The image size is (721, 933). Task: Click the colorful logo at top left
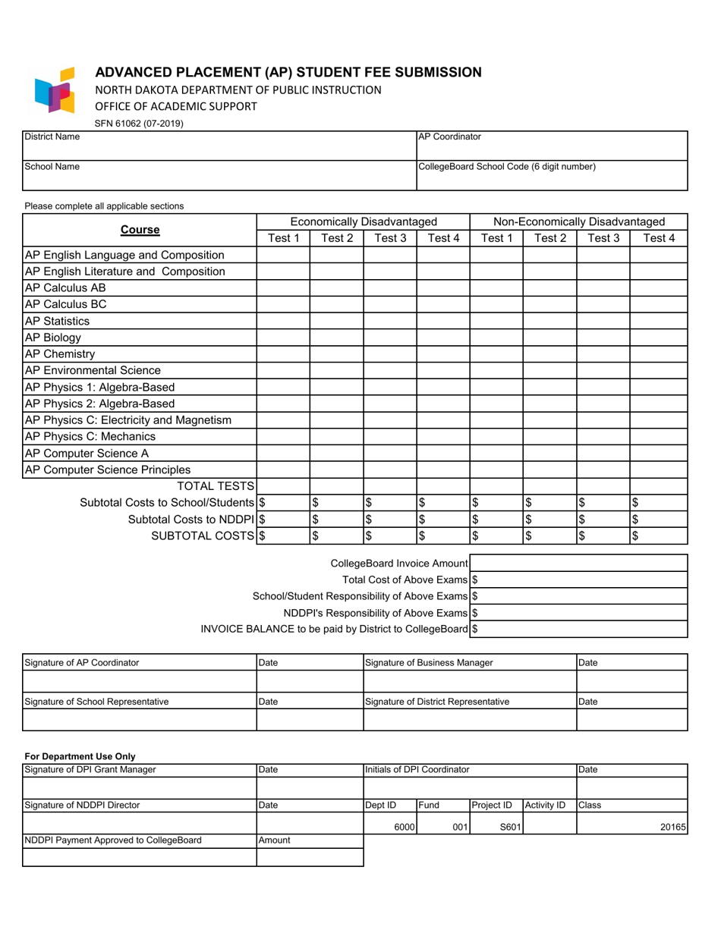(x=55, y=90)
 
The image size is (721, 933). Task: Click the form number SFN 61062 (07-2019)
(x=139, y=123)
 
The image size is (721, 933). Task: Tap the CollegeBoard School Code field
(x=552, y=180)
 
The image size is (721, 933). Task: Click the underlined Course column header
(x=140, y=230)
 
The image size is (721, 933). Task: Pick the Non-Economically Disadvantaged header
(x=579, y=221)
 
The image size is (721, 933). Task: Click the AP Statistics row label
(x=58, y=321)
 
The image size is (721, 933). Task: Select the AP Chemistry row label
(x=61, y=354)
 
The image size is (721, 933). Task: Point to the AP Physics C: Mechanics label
(x=90, y=437)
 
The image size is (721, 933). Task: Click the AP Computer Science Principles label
(x=108, y=470)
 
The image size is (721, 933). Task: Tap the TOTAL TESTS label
(x=216, y=486)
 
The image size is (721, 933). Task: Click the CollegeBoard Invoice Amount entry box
(x=578, y=563)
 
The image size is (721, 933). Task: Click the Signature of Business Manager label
(x=429, y=662)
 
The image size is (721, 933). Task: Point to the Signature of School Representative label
(x=97, y=702)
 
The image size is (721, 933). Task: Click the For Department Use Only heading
(x=80, y=756)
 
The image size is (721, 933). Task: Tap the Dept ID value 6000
(x=403, y=828)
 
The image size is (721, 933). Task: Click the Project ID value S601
(x=509, y=828)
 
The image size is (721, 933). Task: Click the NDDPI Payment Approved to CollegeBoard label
(x=113, y=840)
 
